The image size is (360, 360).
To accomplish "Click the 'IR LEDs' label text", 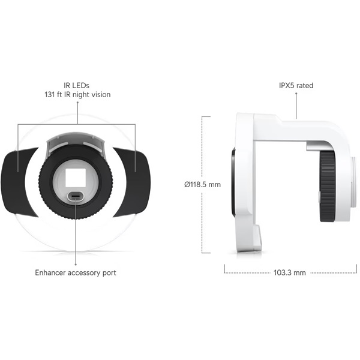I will coord(76,85).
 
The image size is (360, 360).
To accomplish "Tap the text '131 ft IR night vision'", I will coord(77,95).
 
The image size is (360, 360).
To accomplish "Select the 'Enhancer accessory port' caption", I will coord(76,272).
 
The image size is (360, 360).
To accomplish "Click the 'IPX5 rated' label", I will coord(296,85).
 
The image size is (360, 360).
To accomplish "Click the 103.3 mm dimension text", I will coord(289,272).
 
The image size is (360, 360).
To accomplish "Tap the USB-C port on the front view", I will coord(76,196).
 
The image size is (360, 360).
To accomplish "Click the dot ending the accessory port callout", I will coord(76,263).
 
